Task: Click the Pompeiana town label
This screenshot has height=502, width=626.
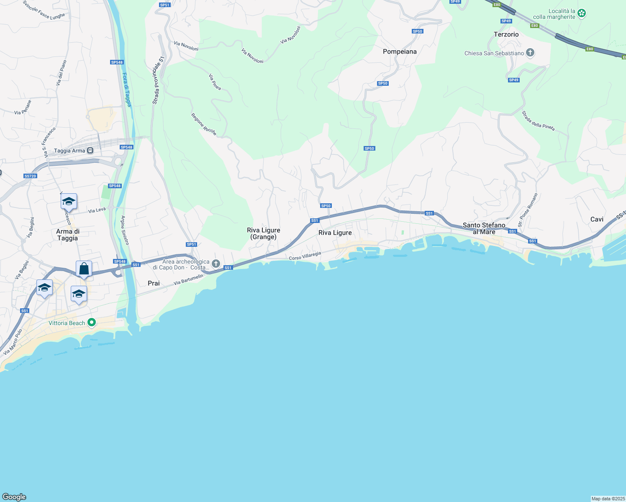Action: [400, 51]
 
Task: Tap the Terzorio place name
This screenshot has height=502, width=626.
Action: [506, 34]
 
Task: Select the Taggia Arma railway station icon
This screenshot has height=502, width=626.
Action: [90, 151]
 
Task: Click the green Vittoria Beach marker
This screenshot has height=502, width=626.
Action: [92, 323]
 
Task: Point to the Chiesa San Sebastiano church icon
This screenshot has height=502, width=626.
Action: [530, 53]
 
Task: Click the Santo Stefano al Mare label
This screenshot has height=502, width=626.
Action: [484, 228]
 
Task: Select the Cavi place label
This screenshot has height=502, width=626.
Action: [597, 219]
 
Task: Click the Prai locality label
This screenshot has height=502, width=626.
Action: [154, 283]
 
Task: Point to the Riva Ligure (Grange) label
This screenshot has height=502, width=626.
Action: [264, 233]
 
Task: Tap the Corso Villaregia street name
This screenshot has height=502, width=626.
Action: [305, 256]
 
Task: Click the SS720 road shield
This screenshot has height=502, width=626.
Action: [30, 176]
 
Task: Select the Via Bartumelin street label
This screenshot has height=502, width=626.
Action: [188, 280]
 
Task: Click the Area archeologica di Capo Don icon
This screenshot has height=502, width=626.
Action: [216, 264]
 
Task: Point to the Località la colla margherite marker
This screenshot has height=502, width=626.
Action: [581, 13]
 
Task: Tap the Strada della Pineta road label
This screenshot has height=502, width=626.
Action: [538, 120]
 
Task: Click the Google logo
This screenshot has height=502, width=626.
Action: [14, 497]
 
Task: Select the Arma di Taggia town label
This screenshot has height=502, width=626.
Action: [68, 235]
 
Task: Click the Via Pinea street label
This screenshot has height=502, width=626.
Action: [215, 82]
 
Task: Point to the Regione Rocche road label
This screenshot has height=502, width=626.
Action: [204, 124]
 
